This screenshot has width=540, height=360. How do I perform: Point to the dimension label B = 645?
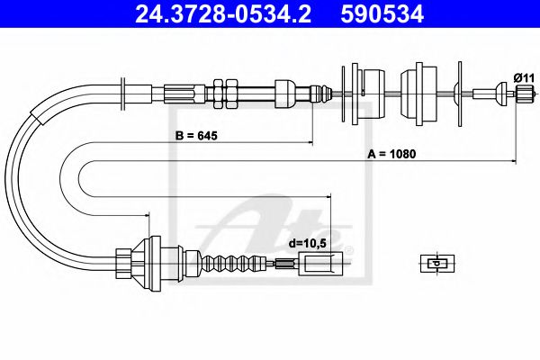tap(197, 137)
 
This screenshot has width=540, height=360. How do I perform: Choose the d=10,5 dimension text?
tap(308, 241)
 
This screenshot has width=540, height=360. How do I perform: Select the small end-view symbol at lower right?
tap(436, 263)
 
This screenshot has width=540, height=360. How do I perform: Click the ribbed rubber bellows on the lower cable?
tap(225, 263)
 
